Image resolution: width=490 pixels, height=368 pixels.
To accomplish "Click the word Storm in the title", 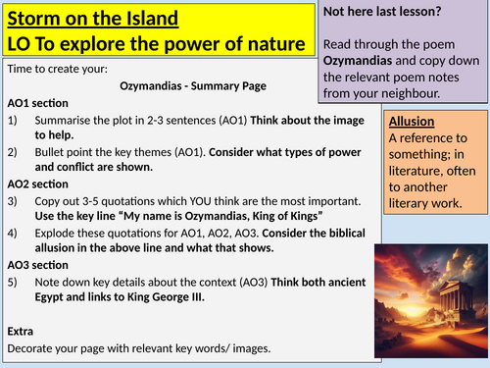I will tap(33, 18).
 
